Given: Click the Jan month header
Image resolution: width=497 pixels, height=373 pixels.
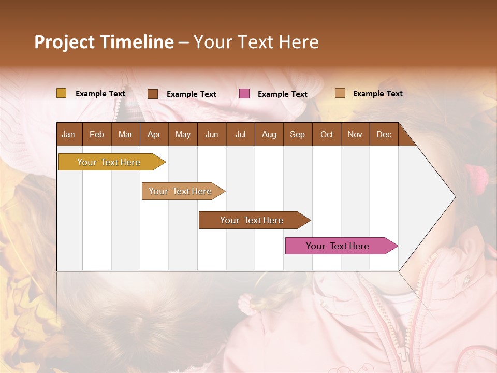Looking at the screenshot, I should pyautogui.click(x=68, y=134).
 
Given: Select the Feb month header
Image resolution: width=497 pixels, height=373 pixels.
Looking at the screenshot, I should pyautogui.click(x=97, y=134).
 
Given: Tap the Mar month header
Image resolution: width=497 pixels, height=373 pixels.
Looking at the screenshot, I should pyautogui.click(x=125, y=134).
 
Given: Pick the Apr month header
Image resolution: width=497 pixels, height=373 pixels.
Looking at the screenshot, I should pyautogui.click(x=154, y=134).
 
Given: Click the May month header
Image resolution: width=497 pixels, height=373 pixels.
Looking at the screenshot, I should pyautogui.click(x=183, y=134).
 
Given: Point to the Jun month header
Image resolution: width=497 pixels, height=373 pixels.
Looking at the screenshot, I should pyautogui.click(x=212, y=134).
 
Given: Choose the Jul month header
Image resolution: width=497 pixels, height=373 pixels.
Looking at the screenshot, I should pyautogui.click(x=240, y=134).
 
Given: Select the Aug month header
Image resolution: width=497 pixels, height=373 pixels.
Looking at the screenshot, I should pyautogui.click(x=269, y=134).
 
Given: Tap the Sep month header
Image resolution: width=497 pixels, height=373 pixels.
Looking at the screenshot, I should pyautogui.click(x=297, y=134).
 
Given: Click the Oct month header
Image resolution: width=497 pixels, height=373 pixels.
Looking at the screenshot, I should pyautogui.click(x=327, y=134).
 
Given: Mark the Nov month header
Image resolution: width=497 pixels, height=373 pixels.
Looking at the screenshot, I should pyautogui.click(x=355, y=134).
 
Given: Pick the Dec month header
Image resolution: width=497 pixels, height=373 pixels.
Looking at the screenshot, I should pyautogui.click(x=384, y=134).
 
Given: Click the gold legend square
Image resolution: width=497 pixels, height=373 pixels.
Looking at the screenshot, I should pyautogui.click(x=61, y=93).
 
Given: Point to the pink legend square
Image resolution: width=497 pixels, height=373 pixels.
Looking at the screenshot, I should pyautogui.click(x=244, y=94).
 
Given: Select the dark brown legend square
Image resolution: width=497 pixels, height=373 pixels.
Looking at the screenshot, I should pyautogui.click(x=153, y=94).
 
